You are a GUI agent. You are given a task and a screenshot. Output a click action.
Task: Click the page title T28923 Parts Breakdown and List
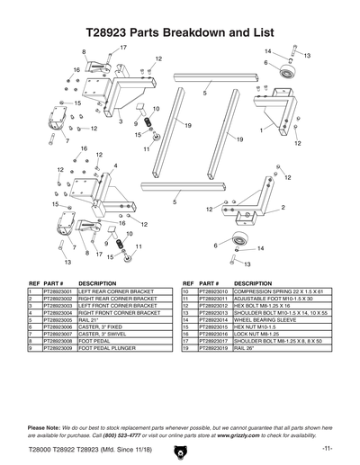point(179,31)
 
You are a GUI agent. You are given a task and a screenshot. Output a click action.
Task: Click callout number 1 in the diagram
point(261,130)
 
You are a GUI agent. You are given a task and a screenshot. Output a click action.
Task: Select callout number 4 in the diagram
point(114,165)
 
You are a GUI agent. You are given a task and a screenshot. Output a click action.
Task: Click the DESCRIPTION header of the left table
point(98,282)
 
